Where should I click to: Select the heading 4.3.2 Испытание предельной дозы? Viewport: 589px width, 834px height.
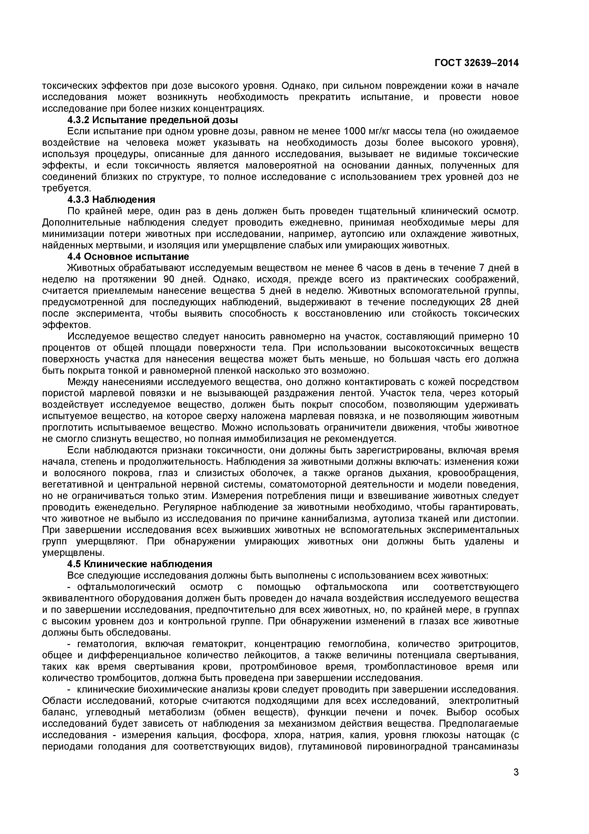pyautogui.click(x=153, y=120)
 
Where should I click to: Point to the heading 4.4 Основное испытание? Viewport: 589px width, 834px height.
pyautogui.click(x=128, y=257)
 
